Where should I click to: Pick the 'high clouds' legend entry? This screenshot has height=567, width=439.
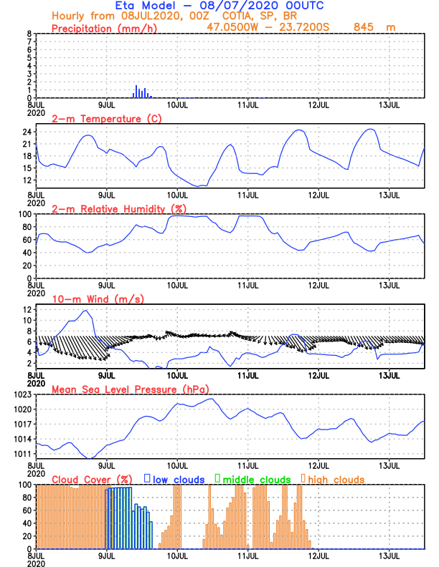tap(336, 479)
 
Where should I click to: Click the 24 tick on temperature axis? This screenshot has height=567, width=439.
tap(25, 132)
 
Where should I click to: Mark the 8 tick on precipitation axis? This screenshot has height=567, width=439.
tap(28, 34)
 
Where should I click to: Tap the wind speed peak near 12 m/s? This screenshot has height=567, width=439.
tap(86, 311)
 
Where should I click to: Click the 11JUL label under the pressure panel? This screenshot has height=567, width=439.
tap(247, 465)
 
